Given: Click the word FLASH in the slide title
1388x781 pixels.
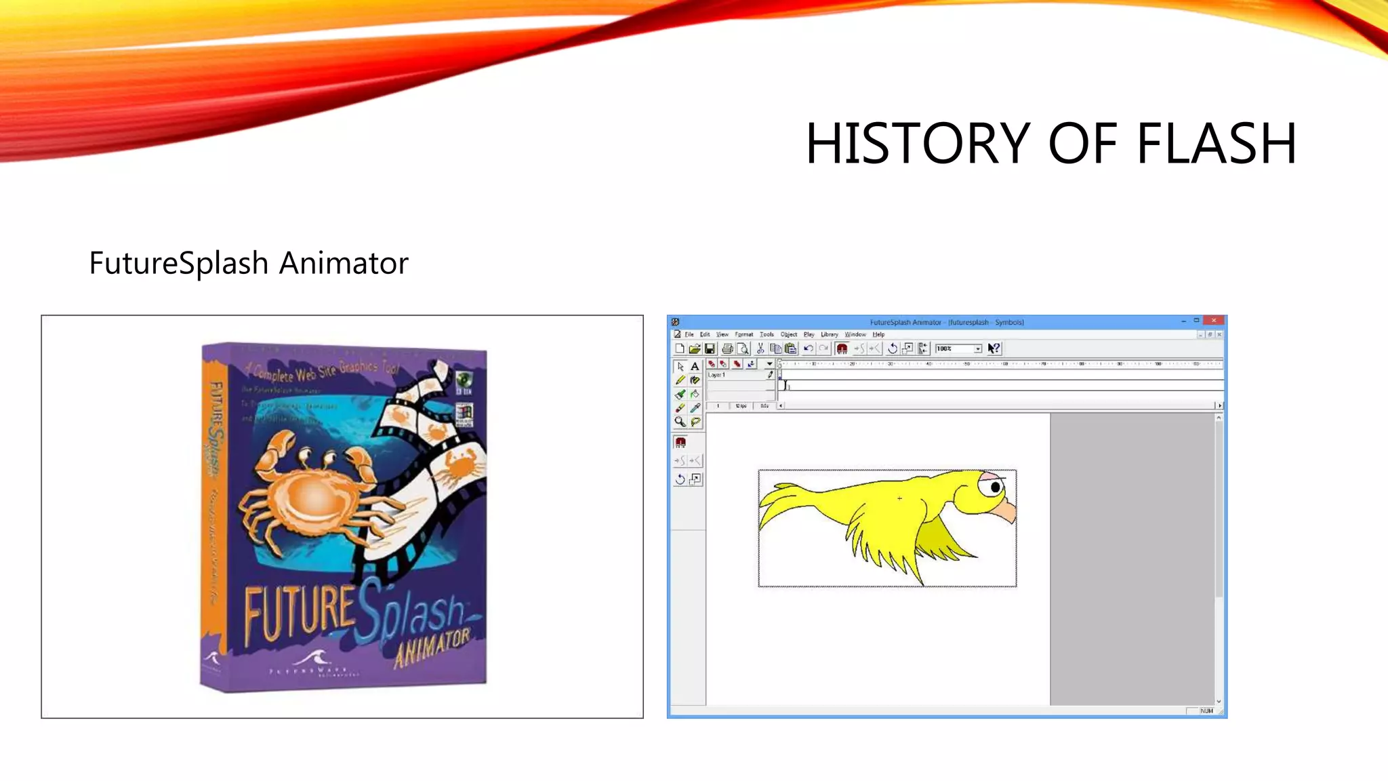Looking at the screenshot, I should (x=1216, y=143).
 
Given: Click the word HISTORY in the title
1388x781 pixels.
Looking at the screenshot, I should (x=919, y=143).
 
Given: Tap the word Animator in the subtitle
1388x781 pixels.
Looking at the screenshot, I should (x=344, y=263).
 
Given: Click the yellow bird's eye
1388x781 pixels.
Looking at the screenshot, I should (x=995, y=487).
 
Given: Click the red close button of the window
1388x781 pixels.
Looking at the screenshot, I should (x=1214, y=321).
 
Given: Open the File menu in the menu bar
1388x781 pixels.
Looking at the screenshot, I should (x=689, y=334).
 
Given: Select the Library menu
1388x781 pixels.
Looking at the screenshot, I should (x=830, y=334).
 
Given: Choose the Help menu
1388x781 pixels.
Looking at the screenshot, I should (x=878, y=334).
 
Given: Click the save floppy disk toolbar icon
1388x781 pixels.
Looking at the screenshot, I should (x=710, y=348).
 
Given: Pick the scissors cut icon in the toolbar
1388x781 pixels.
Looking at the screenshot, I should (x=760, y=348).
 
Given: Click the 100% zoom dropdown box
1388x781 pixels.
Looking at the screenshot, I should (x=958, y=348).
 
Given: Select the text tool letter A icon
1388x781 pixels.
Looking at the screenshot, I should (x=695, y=366).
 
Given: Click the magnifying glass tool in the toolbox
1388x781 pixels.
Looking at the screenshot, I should (x=680, y=422).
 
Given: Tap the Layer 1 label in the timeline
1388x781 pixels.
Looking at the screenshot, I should (x=717, y=375).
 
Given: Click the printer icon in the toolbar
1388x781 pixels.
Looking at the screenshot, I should (x=727, y=348).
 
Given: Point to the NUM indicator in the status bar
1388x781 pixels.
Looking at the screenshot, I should (x=1206, y=710).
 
